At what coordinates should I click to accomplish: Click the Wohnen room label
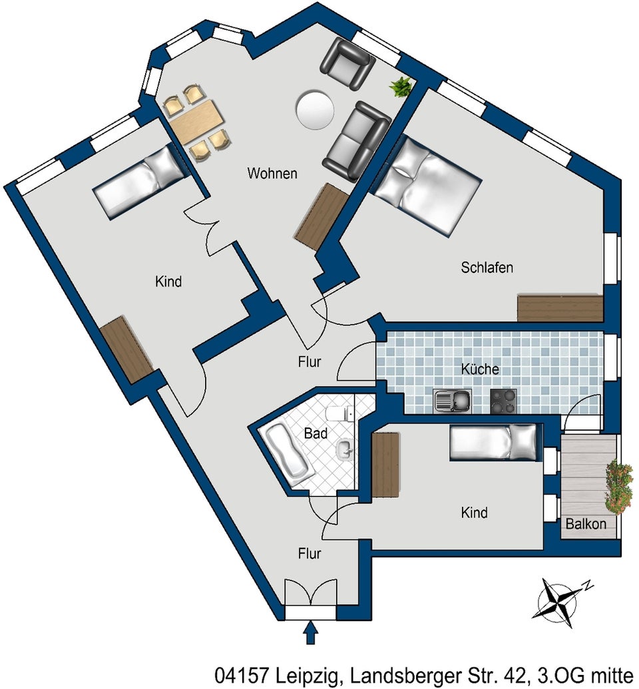pyautogui.click(x=272, y=174)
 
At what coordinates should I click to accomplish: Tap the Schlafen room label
pyautogui.click(x=487, y=267)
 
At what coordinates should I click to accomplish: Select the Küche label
pyautogui.click(x=480, y=369)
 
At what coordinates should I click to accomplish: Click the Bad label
pyautogui.click(x=316, y=433)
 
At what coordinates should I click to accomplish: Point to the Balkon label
pyautogui.click(x=586, y=524)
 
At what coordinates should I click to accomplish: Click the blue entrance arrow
pyautogui.click(x=311, y=632)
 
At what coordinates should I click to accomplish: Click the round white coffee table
pyautogui.click(x=314, y=109)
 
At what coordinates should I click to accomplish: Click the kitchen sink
pyautogui.click(x=452, y=401)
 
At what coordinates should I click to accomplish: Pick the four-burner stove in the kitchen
pyautogui.click(x=503, y=401)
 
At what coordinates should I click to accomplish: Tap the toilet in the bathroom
pyautogui.click(x=339, y=413)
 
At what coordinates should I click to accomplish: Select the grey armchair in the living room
pyautogui.click(x=347, y=63)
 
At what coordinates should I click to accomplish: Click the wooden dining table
pyautogui.click(x=197, y=121)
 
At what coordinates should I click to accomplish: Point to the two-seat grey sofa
pyautogui.click(x=357, y=142)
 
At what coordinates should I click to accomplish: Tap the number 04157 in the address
pyautogui.click(x=242, y=674)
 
